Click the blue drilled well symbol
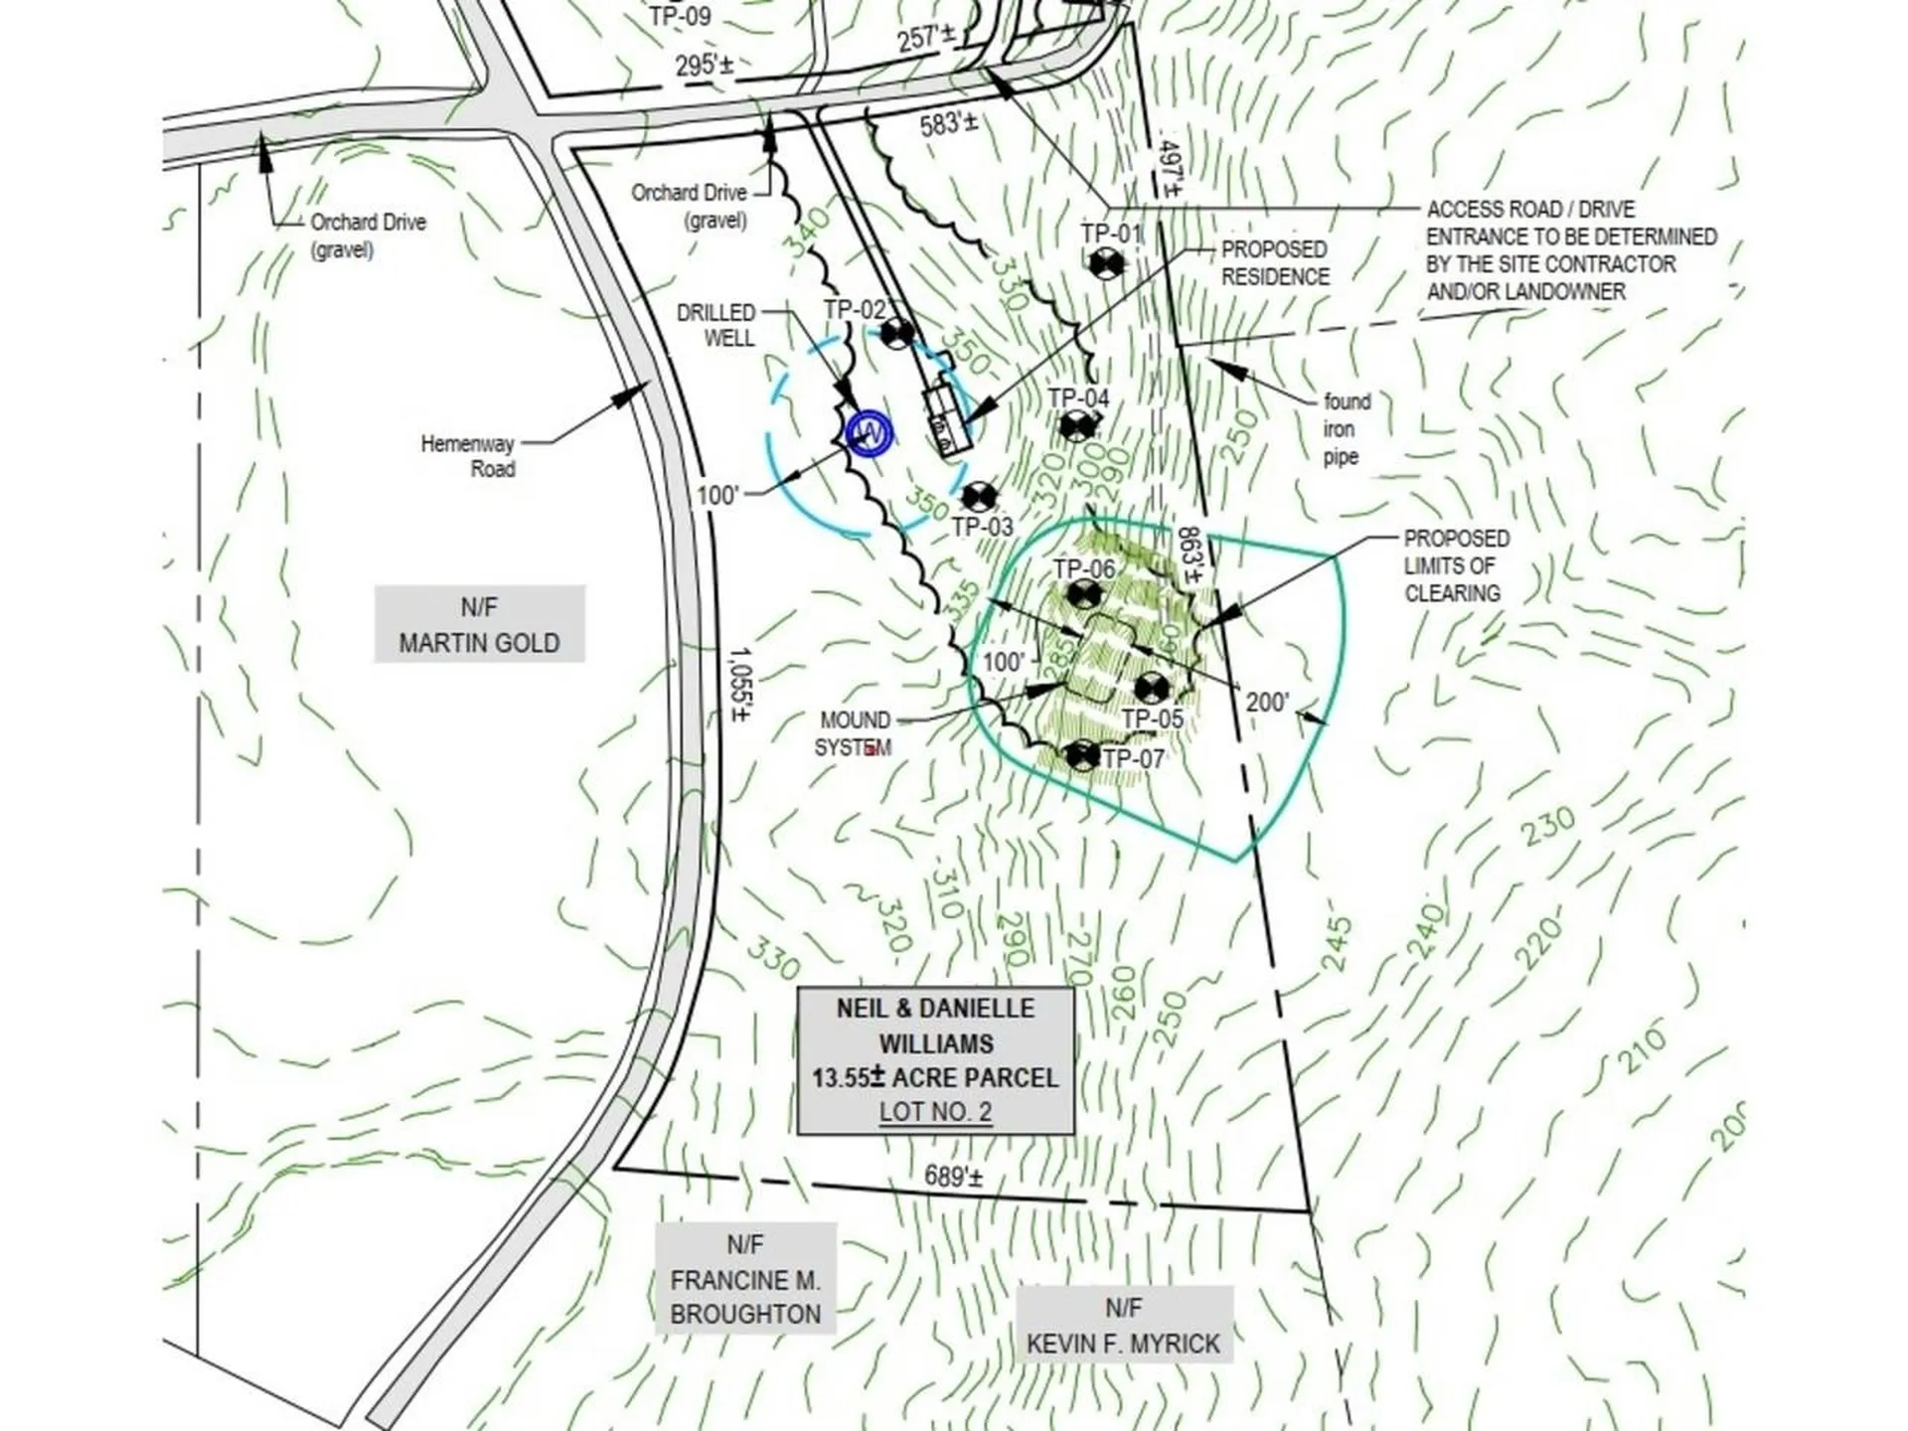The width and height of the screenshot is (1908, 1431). tap(869, 432)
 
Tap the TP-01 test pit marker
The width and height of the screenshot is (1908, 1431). tap(1105, 264)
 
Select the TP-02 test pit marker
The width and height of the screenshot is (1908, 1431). tap(897, 333)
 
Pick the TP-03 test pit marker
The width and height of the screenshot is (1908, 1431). tap(980, 497)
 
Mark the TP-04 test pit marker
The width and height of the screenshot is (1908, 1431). tap(1075, 427)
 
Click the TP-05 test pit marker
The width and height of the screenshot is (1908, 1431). tap(1151, 687)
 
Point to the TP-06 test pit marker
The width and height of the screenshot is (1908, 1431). tap(1083, 596)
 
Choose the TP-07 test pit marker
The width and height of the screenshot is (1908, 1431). tap(1082, 755)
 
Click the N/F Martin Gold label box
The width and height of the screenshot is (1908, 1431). tap(479, 625)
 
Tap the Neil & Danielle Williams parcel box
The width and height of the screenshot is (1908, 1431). tap(935, 1059)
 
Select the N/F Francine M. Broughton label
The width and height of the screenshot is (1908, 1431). tap(745, 1279)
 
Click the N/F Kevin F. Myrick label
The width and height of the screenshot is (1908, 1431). tap(1123, 1326)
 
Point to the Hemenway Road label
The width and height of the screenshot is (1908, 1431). tap(468, 456)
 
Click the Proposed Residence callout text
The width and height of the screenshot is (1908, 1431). tap(1274, 263)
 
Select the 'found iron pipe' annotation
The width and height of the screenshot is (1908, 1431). tap(1346, 429)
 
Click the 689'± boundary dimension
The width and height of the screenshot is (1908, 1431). tap(953, 1178)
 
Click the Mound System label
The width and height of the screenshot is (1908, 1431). tap(854, 733)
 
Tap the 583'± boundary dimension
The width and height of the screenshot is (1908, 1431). tap(948, 124)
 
